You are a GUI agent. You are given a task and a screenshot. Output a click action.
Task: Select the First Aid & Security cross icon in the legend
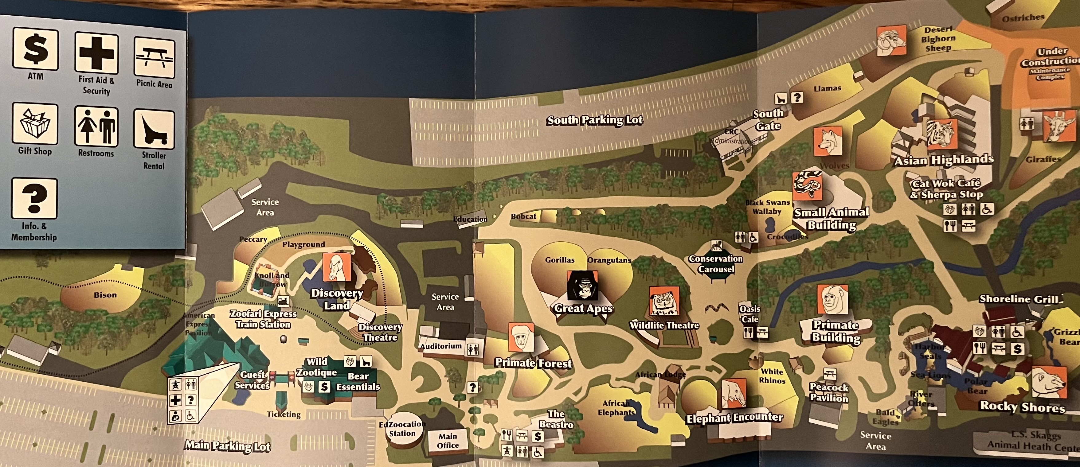tap(96, 53)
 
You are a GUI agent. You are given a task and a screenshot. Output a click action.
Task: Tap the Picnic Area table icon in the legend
tap(154, 58)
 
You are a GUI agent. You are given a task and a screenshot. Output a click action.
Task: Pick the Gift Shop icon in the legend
tap(35, 124)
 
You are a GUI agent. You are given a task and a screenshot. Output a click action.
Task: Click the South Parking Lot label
tap(594, 120)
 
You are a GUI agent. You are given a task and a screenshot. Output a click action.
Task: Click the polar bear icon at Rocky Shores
tap(1049, 382)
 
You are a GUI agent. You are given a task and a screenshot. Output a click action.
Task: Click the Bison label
tap(105, 295)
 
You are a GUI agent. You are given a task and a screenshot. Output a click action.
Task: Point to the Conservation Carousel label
tap(716, 264)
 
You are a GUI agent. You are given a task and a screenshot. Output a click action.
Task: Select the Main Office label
tap(448, 441)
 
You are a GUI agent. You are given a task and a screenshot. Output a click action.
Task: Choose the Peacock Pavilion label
tap(829, 392)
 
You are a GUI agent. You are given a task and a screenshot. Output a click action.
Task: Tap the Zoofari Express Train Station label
tap(263, 319)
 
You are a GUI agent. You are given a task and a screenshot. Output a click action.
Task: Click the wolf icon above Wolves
tap(828, 141)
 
